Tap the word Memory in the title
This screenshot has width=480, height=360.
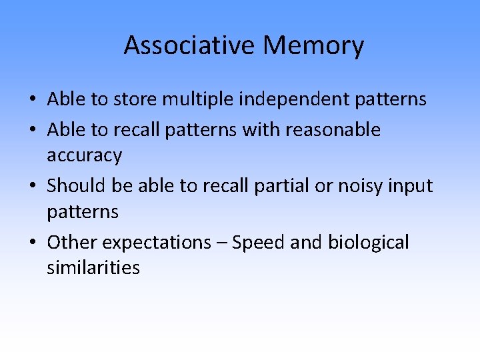pyautogui.click(x=313, y=45)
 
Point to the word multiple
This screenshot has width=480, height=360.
pyautogui.click(x=199, y=99)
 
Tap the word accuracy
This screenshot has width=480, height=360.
pyautogui.click(x=84, y=155)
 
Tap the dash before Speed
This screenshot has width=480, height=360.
pyautogui.click(x=224, y=243)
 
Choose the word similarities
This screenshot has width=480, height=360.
pyautogui.click(x=93, y=268)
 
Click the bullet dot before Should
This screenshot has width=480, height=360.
pyautogui.click(x=33, y=186)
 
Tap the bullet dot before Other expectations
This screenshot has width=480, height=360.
pyautogui.click(x=33, y=243)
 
